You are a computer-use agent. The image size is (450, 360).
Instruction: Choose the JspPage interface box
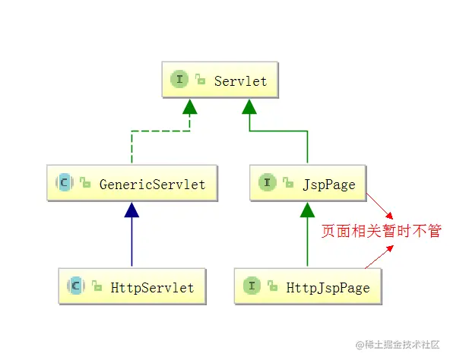click(x=308, y=183)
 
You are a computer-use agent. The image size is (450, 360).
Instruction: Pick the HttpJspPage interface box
click(x=308, y=286)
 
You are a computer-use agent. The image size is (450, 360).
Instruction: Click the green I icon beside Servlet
click(x=180, y=80)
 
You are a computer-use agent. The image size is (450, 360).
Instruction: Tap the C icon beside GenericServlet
click(x=64, y=183)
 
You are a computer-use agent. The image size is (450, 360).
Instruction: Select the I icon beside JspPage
click(x=268, y=183)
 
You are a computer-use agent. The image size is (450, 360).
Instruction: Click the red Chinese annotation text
click(x=380, y=231)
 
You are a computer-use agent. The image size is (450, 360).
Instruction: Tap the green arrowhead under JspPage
click(x=307, y=210)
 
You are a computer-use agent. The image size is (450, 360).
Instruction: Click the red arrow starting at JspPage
click(x=380, y=205)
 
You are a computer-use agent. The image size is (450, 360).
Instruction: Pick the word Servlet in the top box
click(x=240, y=81)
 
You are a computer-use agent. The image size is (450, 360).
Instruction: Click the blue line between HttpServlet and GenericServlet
click(x=133, y=243)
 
